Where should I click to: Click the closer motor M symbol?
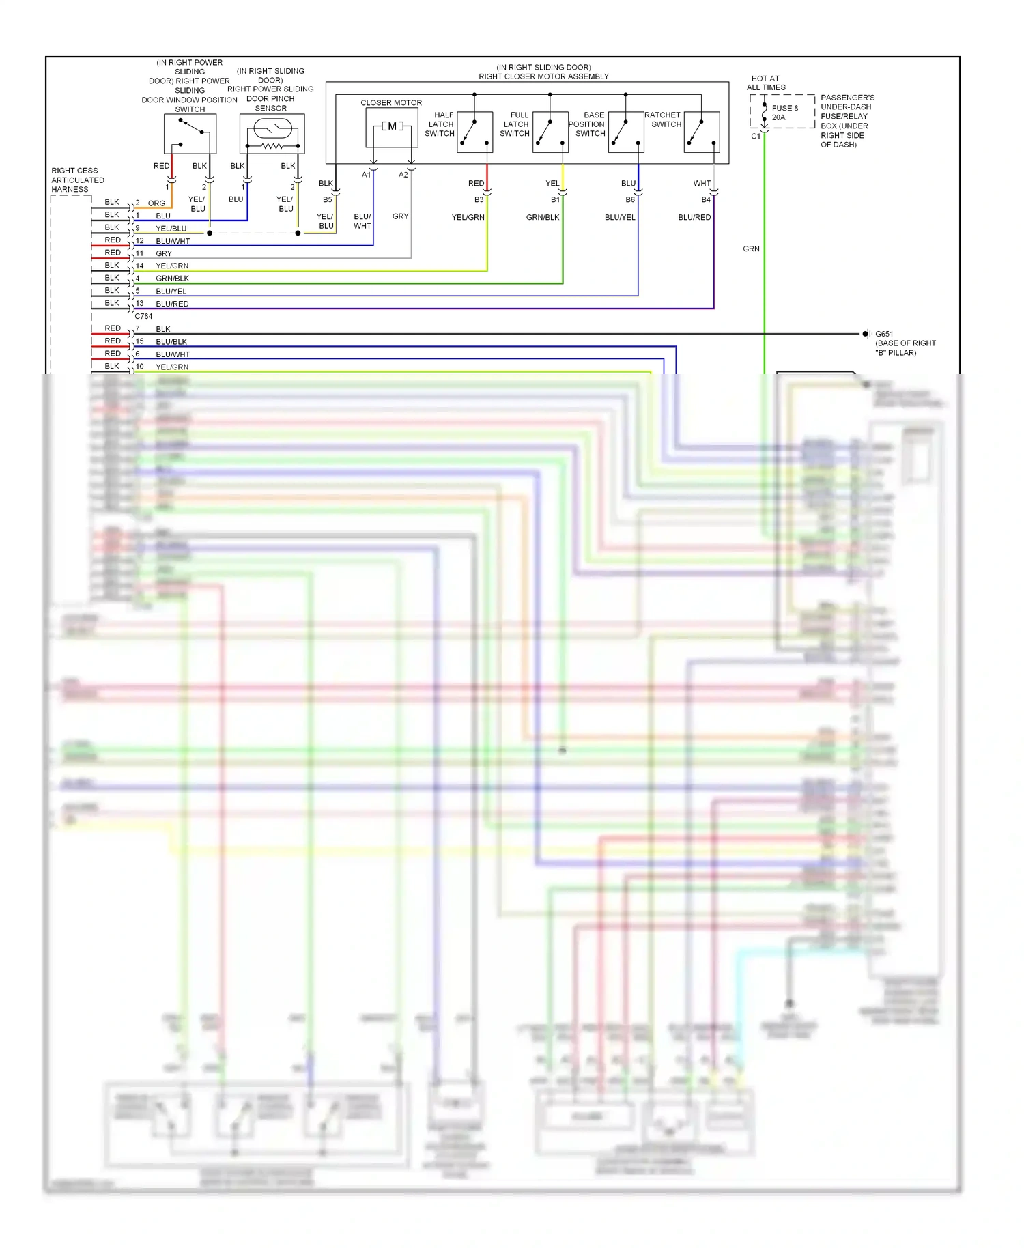tap(392, 126)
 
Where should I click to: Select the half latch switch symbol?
tap(475, 132)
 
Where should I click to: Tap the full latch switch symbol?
tap(550, 132)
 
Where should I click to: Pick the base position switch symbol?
tap(625, 132)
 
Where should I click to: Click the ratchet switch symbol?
tap(702, 132)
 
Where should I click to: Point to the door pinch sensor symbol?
tap(272, 134)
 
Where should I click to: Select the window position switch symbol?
tap(190, 133)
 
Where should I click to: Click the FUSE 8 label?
tap(784, 108)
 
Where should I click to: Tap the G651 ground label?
tap(884, 334)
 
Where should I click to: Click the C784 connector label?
tap(143, 316)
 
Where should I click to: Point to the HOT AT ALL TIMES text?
tap(765, 83)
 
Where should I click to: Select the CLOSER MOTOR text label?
tap(391, 102)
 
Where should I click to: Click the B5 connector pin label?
tap(328, 199)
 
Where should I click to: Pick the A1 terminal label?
tap(366, 175)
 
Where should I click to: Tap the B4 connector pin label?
tap(706, 199)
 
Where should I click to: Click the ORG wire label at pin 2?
tap(156, 203)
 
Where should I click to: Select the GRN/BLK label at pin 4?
tap(172, 279)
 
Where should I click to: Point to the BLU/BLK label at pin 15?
tap(171, 341)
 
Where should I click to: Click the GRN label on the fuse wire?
tap(751, 249)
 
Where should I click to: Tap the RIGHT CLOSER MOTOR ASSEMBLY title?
tap(543, 76)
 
